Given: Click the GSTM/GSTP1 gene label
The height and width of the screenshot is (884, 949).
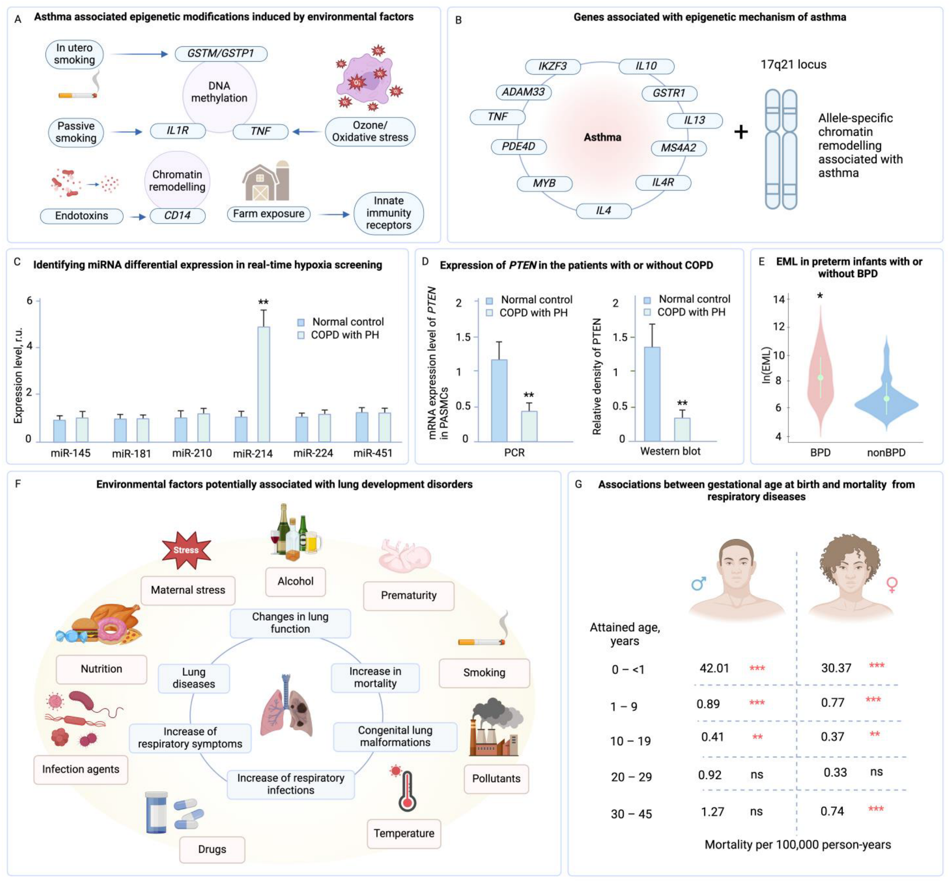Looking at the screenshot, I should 220,53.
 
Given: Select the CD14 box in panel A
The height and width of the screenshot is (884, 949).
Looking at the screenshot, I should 177,216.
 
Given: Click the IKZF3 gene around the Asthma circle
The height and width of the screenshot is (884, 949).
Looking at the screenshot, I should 552,66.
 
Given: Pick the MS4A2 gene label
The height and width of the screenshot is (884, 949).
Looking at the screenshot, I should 678,148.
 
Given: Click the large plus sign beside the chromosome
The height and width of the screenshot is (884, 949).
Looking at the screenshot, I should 740,132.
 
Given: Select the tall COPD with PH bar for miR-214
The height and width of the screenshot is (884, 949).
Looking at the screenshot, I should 263,383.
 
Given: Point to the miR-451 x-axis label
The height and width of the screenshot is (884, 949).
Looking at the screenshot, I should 373,453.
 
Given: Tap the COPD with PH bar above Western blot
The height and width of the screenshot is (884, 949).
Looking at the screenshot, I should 682,429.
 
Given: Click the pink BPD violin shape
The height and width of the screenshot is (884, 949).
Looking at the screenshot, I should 820,372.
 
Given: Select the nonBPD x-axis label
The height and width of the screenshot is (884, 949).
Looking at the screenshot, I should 886,452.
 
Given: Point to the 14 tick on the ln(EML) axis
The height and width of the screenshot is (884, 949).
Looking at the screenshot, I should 778,300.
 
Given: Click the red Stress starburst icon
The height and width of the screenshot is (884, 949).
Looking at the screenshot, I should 186,550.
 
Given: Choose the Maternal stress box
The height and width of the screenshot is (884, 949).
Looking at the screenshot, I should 188,590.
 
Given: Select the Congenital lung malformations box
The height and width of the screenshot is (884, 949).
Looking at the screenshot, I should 395,736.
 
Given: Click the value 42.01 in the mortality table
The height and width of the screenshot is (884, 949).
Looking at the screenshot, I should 714,668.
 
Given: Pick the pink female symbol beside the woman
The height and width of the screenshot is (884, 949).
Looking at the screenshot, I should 891,584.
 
